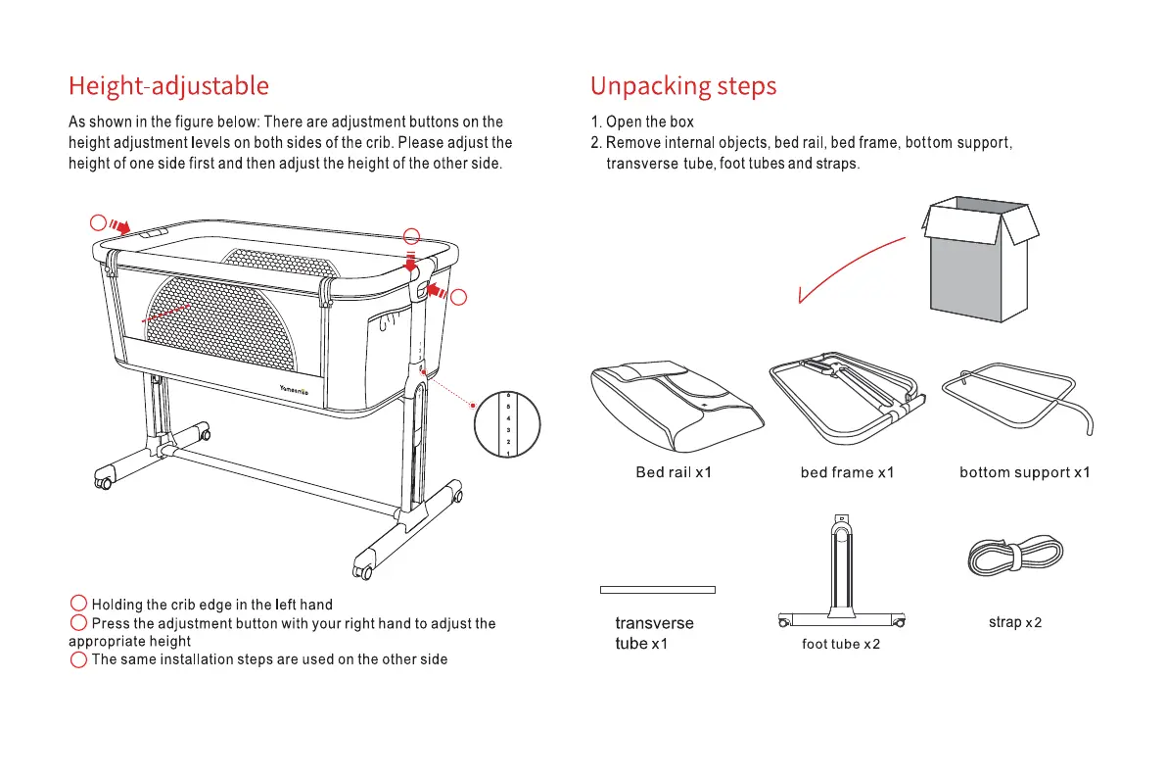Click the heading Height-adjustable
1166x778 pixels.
click(168, 86)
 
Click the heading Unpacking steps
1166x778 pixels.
click(683, 86)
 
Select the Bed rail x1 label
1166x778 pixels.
click(674, 472)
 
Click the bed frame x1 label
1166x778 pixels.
click(848, 472)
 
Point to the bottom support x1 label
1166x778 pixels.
click(1025, 472)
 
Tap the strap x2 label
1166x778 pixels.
click(1015, 622)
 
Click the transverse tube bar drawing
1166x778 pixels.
click(657, 590)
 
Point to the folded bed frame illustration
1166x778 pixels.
click(848, 397)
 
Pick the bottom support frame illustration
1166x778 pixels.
click(1018, 402)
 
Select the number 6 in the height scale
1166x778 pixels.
click(508, 396)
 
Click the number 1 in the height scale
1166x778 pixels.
click(508, 454)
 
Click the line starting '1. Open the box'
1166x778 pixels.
click(641, 122)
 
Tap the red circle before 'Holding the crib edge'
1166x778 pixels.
click(78, 604)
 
